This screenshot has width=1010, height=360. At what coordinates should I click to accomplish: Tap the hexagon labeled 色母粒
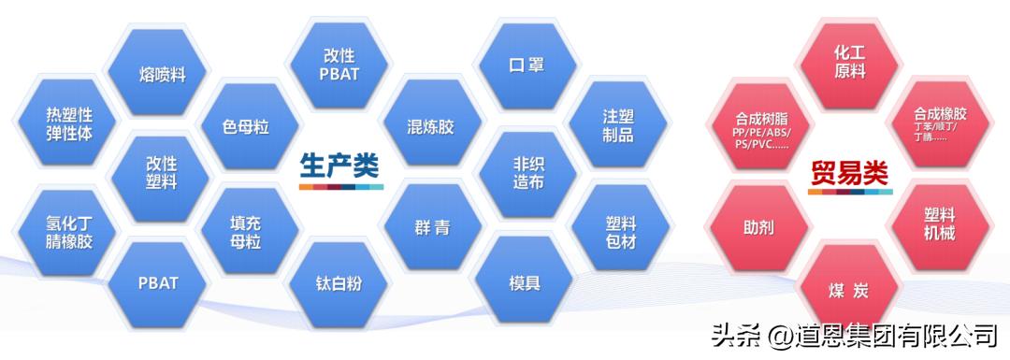click(x=246, y=126)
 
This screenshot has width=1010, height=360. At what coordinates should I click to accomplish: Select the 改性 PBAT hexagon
click(x=339, y=65)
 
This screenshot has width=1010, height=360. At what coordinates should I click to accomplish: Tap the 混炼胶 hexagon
click(x=430, y=126)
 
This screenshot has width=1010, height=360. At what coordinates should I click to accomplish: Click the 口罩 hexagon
click(x=526, y=66)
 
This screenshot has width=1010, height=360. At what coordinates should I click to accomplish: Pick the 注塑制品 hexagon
click(x=618, y=126)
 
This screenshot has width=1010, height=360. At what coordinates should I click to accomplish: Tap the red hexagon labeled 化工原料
click(x=849, y=63)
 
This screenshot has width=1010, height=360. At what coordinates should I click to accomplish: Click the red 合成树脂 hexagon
click(x=759, y=131)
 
